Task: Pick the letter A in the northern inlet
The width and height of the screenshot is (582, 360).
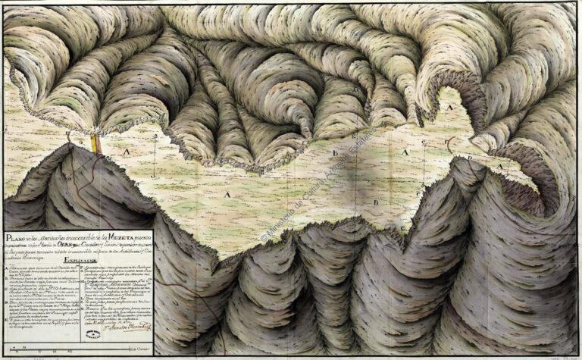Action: (450, 108)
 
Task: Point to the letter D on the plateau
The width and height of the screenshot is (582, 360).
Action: (470, 158)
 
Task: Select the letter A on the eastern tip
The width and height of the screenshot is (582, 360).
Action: (500, 161)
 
